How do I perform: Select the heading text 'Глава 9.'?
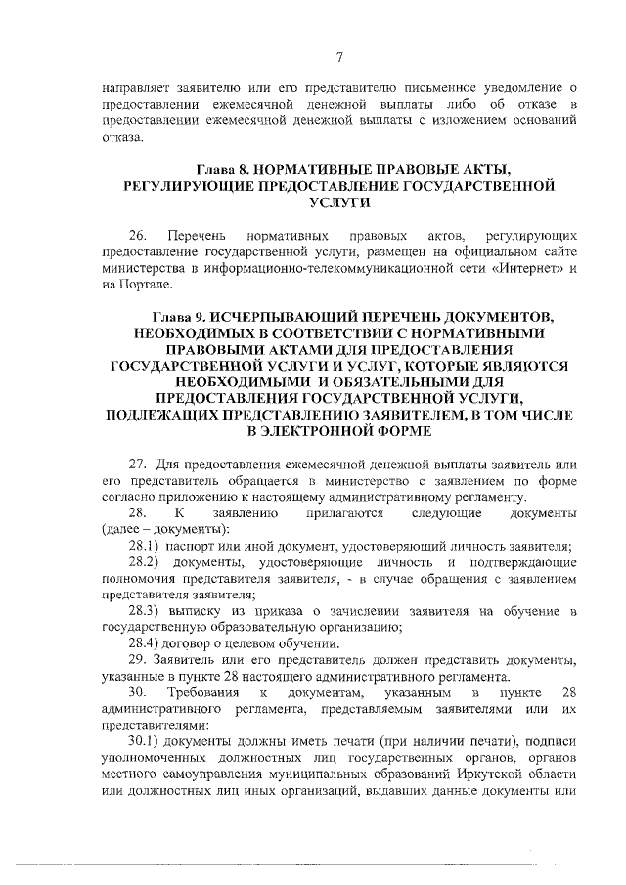pyautogui.click(x=181, y=317)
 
